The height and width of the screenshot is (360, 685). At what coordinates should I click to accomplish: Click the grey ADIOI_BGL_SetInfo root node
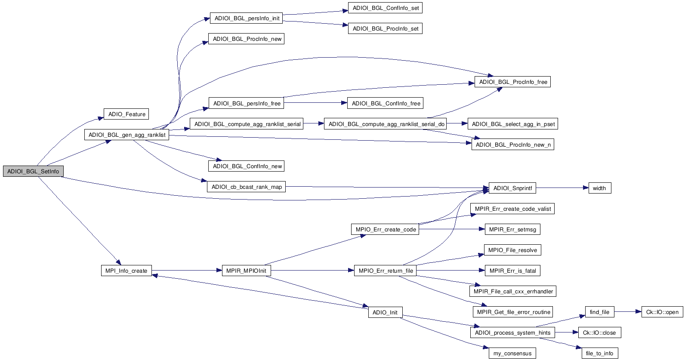(x=33, y=171)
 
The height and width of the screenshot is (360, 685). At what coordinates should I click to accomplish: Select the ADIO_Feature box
(x=127, y=114)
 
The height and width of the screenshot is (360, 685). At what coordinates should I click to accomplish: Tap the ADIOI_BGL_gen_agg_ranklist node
(x=127, y=135)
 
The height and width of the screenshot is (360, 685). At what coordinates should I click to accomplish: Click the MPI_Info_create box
(x=126, y=271)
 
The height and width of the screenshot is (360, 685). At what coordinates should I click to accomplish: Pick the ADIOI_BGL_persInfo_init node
(x=247, y=18)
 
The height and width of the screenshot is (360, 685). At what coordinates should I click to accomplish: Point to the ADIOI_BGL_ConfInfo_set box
(x=385, y=8)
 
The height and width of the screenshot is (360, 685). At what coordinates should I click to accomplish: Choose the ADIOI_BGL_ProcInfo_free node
(x=512, y=82)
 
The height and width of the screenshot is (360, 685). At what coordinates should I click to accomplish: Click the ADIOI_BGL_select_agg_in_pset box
(x=513, y=124)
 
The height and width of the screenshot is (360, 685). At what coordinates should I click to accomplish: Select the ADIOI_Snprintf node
(x=512, y=188)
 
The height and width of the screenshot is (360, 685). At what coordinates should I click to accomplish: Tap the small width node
(x=599, y=188)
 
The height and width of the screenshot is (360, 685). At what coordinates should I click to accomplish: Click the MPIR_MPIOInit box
(x=246, y=271)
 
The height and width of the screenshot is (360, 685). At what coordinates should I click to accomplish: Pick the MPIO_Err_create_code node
(x=386, y=229)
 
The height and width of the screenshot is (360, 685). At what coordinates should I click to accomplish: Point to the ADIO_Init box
(x=385, y=312)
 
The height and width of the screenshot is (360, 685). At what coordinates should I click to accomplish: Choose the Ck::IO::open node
(x=662, y=312)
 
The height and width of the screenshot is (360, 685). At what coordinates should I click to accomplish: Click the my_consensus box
(x=512, y=353)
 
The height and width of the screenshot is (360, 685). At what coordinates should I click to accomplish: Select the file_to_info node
(x=599, y=353)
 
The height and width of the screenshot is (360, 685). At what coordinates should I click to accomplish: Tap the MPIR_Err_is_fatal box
(x=512, y=271)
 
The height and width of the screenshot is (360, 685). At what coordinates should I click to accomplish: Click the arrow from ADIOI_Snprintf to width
(x=562, y=188)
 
